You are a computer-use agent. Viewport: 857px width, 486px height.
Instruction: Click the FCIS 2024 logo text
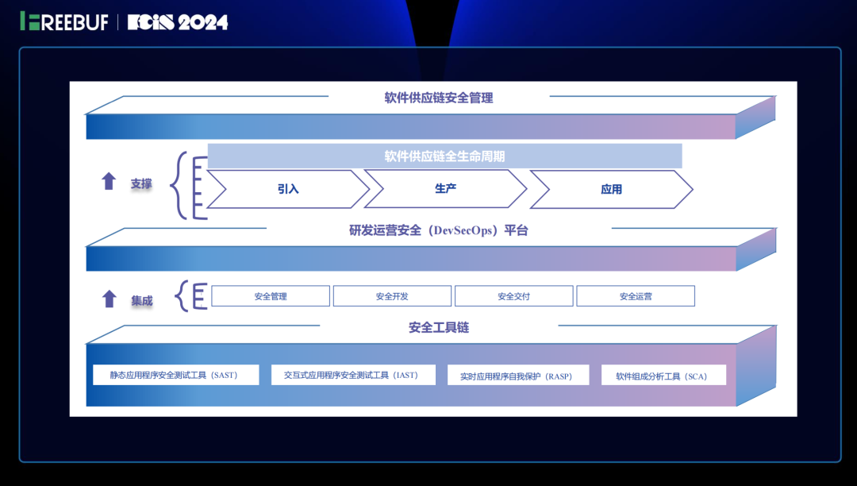click(178, 22)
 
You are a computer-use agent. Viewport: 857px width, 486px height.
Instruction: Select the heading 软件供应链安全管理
click(439, 98)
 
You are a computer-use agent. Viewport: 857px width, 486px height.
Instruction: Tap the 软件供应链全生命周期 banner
click(444, 156)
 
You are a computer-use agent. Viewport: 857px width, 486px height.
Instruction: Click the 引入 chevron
click(288, 190)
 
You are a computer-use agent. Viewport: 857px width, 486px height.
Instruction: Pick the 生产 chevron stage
click(445, 188)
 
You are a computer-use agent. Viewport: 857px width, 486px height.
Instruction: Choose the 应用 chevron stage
click(611, 190)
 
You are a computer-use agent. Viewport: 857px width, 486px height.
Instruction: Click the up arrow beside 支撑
click(109, 182)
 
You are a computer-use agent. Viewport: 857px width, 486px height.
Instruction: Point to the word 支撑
click(141, 183)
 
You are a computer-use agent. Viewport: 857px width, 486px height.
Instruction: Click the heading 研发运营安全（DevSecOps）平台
click(439, 231)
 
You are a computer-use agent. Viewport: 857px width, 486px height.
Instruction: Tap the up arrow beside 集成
click(109, 299)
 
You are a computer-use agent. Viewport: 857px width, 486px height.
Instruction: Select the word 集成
click(142, 301)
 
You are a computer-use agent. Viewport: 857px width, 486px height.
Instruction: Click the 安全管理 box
click(271, 296)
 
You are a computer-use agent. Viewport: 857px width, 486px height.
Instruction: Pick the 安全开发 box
click(392, 296)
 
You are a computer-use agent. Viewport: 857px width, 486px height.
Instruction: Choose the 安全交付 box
click(513, 296)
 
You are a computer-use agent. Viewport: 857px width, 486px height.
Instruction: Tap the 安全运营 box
click(636, 296)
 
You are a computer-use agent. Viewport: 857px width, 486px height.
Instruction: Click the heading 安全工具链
click(439, 327)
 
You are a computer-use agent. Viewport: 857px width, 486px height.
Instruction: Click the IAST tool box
click(351, 375)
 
